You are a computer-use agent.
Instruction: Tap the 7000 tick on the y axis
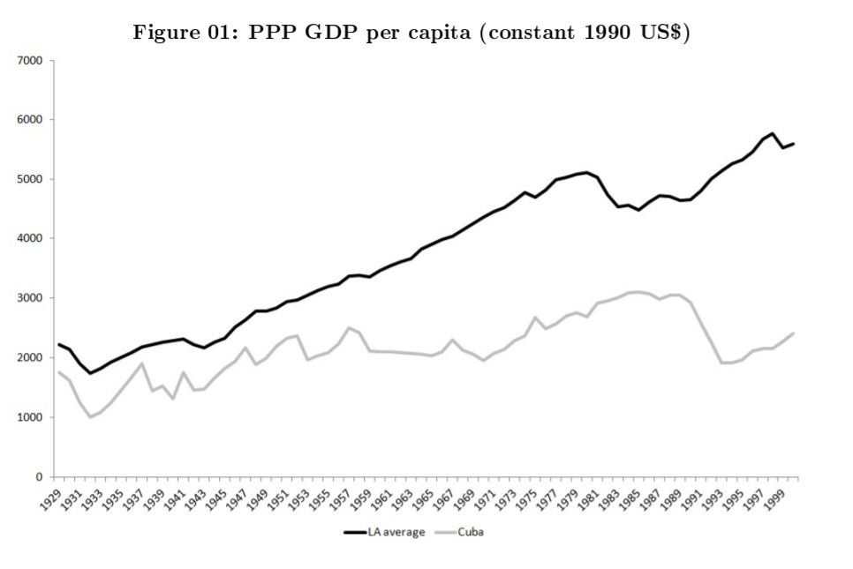(x=32, y=61)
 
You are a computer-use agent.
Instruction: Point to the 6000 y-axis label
(x=32, y=120)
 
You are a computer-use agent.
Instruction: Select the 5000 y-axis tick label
(x=32, y=179)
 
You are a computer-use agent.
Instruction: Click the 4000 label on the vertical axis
(x=32, y=238)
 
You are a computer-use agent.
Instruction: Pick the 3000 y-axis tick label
(x=32, y=298)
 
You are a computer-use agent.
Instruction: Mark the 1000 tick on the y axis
(x=32, y=417)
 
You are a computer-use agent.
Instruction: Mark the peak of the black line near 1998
(x=773, y=133)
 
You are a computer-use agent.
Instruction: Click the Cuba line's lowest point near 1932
(x=90, y=417)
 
